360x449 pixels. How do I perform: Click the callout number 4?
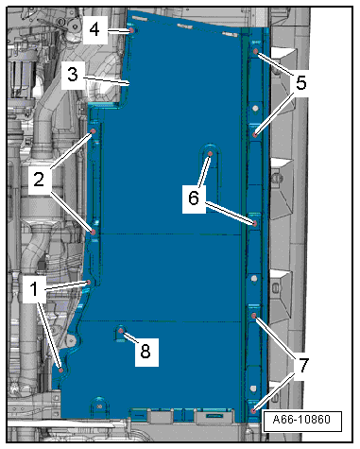(94, 29)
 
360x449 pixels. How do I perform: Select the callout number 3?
(73, 75)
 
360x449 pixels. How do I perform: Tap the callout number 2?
(39, 180)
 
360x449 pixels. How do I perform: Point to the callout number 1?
(34, 289)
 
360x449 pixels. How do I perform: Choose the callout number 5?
(300, 83)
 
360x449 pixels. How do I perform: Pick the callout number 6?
(194, 199)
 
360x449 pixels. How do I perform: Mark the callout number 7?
(302, 366)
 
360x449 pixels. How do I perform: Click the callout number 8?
(146, 351)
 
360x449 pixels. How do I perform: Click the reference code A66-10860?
(301, 420)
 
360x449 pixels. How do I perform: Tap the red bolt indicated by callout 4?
(131, 30)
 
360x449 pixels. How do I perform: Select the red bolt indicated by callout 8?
(121, 331)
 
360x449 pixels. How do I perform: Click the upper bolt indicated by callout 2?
(93, 131)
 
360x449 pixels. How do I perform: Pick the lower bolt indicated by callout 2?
(94, 233)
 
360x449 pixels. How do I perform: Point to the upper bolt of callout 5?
(256, 51)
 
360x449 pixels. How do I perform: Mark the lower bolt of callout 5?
(255, 135)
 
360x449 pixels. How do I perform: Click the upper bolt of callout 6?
(210, 154)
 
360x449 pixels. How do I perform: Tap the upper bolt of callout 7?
(254, 316)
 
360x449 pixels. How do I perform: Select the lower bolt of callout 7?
(254, 411)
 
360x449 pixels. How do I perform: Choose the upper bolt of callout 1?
(89, 283)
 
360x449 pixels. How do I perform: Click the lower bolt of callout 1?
(61, 370)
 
